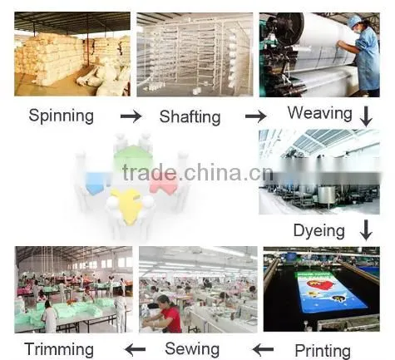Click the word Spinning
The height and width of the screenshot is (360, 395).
point(61,116)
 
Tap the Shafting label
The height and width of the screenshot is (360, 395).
point(190,116)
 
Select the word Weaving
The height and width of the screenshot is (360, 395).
point(320,113)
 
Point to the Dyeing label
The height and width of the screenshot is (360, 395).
point(319,230)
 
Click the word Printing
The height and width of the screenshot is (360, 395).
point(323,351)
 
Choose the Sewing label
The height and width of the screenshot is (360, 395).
point(192,348)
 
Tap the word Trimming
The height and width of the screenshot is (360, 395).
point(59,349)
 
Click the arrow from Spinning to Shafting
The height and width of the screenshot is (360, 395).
point(131,116)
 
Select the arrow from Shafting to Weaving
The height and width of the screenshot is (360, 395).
point(255,116)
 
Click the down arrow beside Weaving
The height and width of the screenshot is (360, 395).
point(366,116)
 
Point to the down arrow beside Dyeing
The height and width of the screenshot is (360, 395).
point(366,230)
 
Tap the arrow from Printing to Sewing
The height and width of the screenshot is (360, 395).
point(263,349)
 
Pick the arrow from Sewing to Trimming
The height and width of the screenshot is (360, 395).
point(135,349)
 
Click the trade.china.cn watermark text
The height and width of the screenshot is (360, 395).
point(198,172)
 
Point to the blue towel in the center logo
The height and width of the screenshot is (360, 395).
point(96,182)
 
